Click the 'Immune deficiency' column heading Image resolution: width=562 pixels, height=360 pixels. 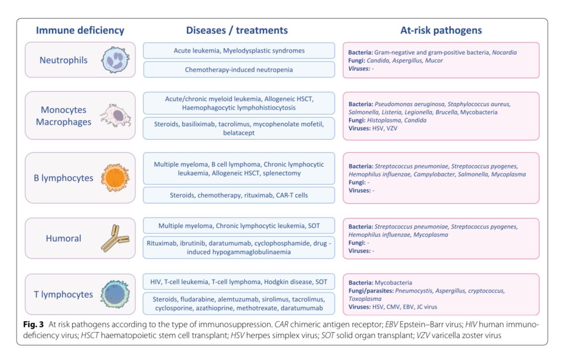pos(80,30)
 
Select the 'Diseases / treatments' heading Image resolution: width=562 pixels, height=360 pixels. pos(237,30)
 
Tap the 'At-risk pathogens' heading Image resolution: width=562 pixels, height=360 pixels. pos(441,30)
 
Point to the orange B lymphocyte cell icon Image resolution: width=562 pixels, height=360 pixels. pos(115,178)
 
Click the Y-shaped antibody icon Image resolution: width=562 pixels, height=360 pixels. pos(115,239)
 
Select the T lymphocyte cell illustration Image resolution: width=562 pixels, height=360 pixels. pos(115,294)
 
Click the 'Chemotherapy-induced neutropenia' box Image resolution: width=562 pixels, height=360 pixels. pos(239,70)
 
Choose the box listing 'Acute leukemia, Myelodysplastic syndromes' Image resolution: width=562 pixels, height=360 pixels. pos(239,51)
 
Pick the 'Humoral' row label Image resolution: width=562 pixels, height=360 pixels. pos(64,239)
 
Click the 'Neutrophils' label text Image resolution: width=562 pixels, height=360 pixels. pos(64,60)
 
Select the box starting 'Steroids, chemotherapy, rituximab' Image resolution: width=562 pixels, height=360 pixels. pos(239,195)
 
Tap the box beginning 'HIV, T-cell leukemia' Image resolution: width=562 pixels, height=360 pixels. pos(239,282)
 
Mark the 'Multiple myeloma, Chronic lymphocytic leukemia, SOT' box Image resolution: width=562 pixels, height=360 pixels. pos(239,226)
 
